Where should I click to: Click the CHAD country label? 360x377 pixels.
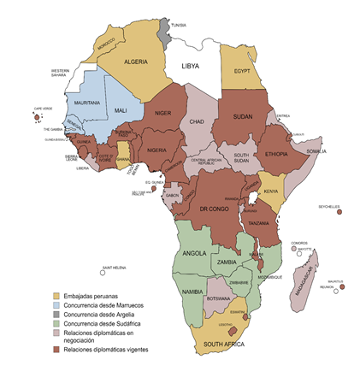click(198, 121)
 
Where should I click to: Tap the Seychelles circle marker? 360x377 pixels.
click(340, 213)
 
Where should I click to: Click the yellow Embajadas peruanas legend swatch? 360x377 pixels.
click(56, 295)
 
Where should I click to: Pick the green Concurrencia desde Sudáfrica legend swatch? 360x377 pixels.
click(56, 323)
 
